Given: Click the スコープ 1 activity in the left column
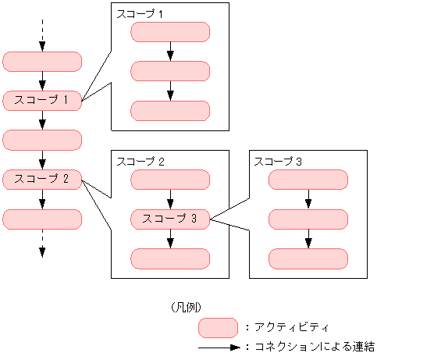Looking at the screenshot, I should [x=42, y=100].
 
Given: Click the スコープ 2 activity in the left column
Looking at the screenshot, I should [x=42, y=180].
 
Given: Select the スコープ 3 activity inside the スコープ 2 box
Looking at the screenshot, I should [x=170, y=219].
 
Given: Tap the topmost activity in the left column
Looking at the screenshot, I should [x=42, y=61].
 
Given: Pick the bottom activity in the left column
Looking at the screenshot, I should [x=42, y=219].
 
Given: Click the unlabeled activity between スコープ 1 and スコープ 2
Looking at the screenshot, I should [x=42, y=140].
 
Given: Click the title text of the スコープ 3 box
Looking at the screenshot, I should [x=277, y=161].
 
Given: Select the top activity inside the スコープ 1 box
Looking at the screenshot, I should [x=170, y=32].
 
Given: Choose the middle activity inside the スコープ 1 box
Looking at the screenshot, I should [x=170, y=71].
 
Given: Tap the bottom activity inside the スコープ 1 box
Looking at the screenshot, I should [x=170, y=111].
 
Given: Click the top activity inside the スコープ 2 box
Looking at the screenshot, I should [x=170, y=180].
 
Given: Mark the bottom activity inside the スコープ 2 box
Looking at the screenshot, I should [x=170, y=258].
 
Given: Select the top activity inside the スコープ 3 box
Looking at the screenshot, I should [x=308, y=180].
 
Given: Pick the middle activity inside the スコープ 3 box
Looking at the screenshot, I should [x=308, y=219].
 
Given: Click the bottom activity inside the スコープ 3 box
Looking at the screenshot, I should [x=308, y=258].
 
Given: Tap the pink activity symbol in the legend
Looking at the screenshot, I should [x=218, y=327].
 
